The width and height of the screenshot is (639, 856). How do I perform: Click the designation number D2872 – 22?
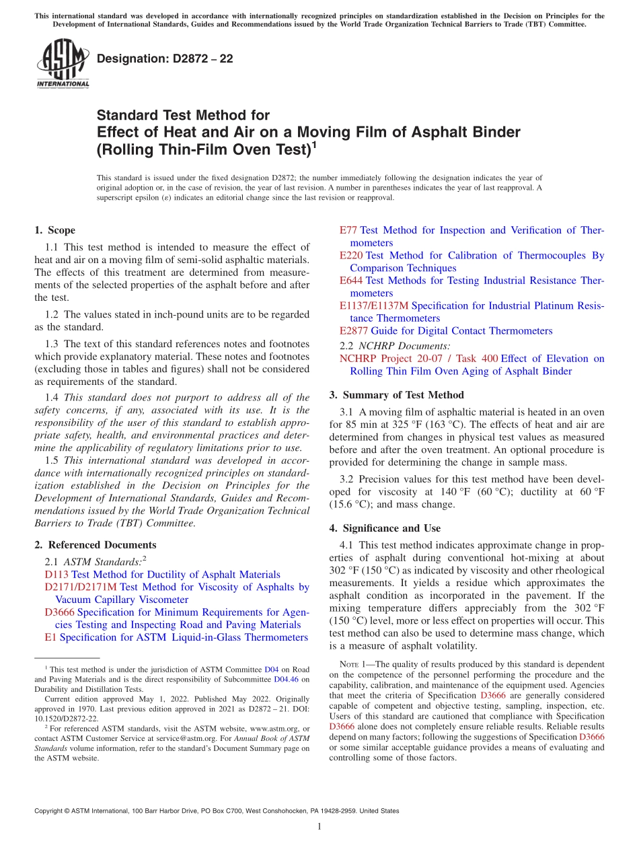(x=165, y=59)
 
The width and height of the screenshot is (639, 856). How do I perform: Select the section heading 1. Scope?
(x=55, y=230)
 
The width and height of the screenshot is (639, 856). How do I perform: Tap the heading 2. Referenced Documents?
(x=96, y=544)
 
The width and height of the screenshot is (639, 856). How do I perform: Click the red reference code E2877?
(x=354, y=330)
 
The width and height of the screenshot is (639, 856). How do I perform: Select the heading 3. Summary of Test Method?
(x=396, y=395)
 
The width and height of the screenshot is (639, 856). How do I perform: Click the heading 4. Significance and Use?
(x=391, y=528)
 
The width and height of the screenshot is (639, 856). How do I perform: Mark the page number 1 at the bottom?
(x=319, y=826)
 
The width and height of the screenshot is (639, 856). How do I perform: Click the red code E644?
(x=351, y=280)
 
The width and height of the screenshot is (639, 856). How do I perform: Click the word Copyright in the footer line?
(x=52, y=811)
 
